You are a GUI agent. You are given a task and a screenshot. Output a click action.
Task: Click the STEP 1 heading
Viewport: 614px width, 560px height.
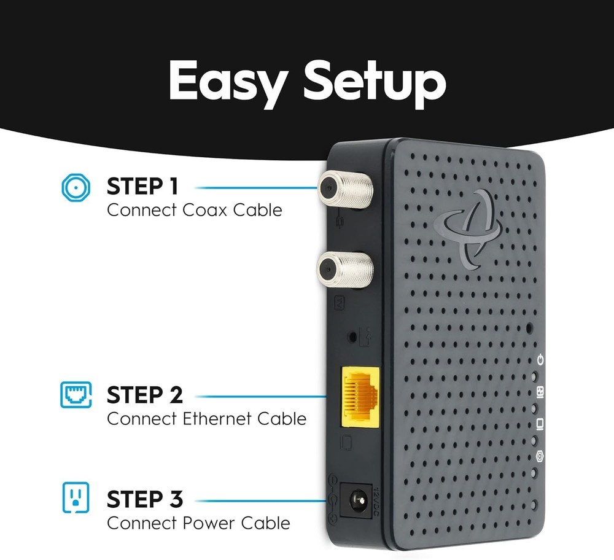point(142,187)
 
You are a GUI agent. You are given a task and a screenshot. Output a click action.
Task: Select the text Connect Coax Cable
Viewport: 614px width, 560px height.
point(194,210)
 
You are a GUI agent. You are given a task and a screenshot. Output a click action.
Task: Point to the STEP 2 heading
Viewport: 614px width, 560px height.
point(145,395)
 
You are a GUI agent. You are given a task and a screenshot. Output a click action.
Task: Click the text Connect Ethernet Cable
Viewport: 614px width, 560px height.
point(206,419)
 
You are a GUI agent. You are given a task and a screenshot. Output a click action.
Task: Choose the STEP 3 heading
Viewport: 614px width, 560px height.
point(145,500)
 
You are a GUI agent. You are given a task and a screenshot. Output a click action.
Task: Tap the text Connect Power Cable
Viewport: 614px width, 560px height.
point(198,524)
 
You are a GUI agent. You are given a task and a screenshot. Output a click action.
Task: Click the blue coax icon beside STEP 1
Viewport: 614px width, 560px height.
point(76,187)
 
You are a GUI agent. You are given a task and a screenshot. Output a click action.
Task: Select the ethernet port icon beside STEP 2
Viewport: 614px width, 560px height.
point(76,395)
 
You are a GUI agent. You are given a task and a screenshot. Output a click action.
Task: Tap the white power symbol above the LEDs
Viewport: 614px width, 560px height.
point(540,359)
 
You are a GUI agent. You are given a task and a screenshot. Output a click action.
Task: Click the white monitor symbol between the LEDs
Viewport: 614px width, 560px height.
point(540,424)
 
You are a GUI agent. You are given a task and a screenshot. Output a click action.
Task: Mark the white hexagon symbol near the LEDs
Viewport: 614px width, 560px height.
point(540,456)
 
